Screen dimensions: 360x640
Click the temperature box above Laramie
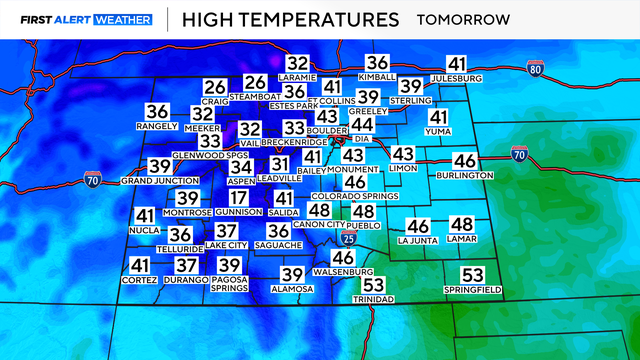pyautogui.click(x=297, y=63)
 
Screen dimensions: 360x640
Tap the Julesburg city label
pyautogui.click(x=457, y=77)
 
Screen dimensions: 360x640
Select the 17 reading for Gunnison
pyautogui.click(x=238, y=198)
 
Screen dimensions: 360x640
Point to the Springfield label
pyautogui.click(x=472, y=289)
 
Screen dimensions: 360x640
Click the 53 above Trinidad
pyautogui.click(x=374, y=286)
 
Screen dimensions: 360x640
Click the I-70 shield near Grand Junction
pyautogui.click(x=93, y=183)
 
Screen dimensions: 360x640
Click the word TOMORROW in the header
pyautogui.click(x=462, y=19)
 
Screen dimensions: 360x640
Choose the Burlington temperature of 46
pyautogui.click(x=464, y=161)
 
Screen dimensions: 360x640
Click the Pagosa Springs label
pyautogui.click(x=230, y=284)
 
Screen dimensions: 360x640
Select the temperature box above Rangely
pyautogui.click(x=158, y=112)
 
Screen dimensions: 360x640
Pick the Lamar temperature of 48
pyautogui.click(x=461, y=226)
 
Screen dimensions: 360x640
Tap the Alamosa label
pyautogui.click(x=292, y=289)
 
